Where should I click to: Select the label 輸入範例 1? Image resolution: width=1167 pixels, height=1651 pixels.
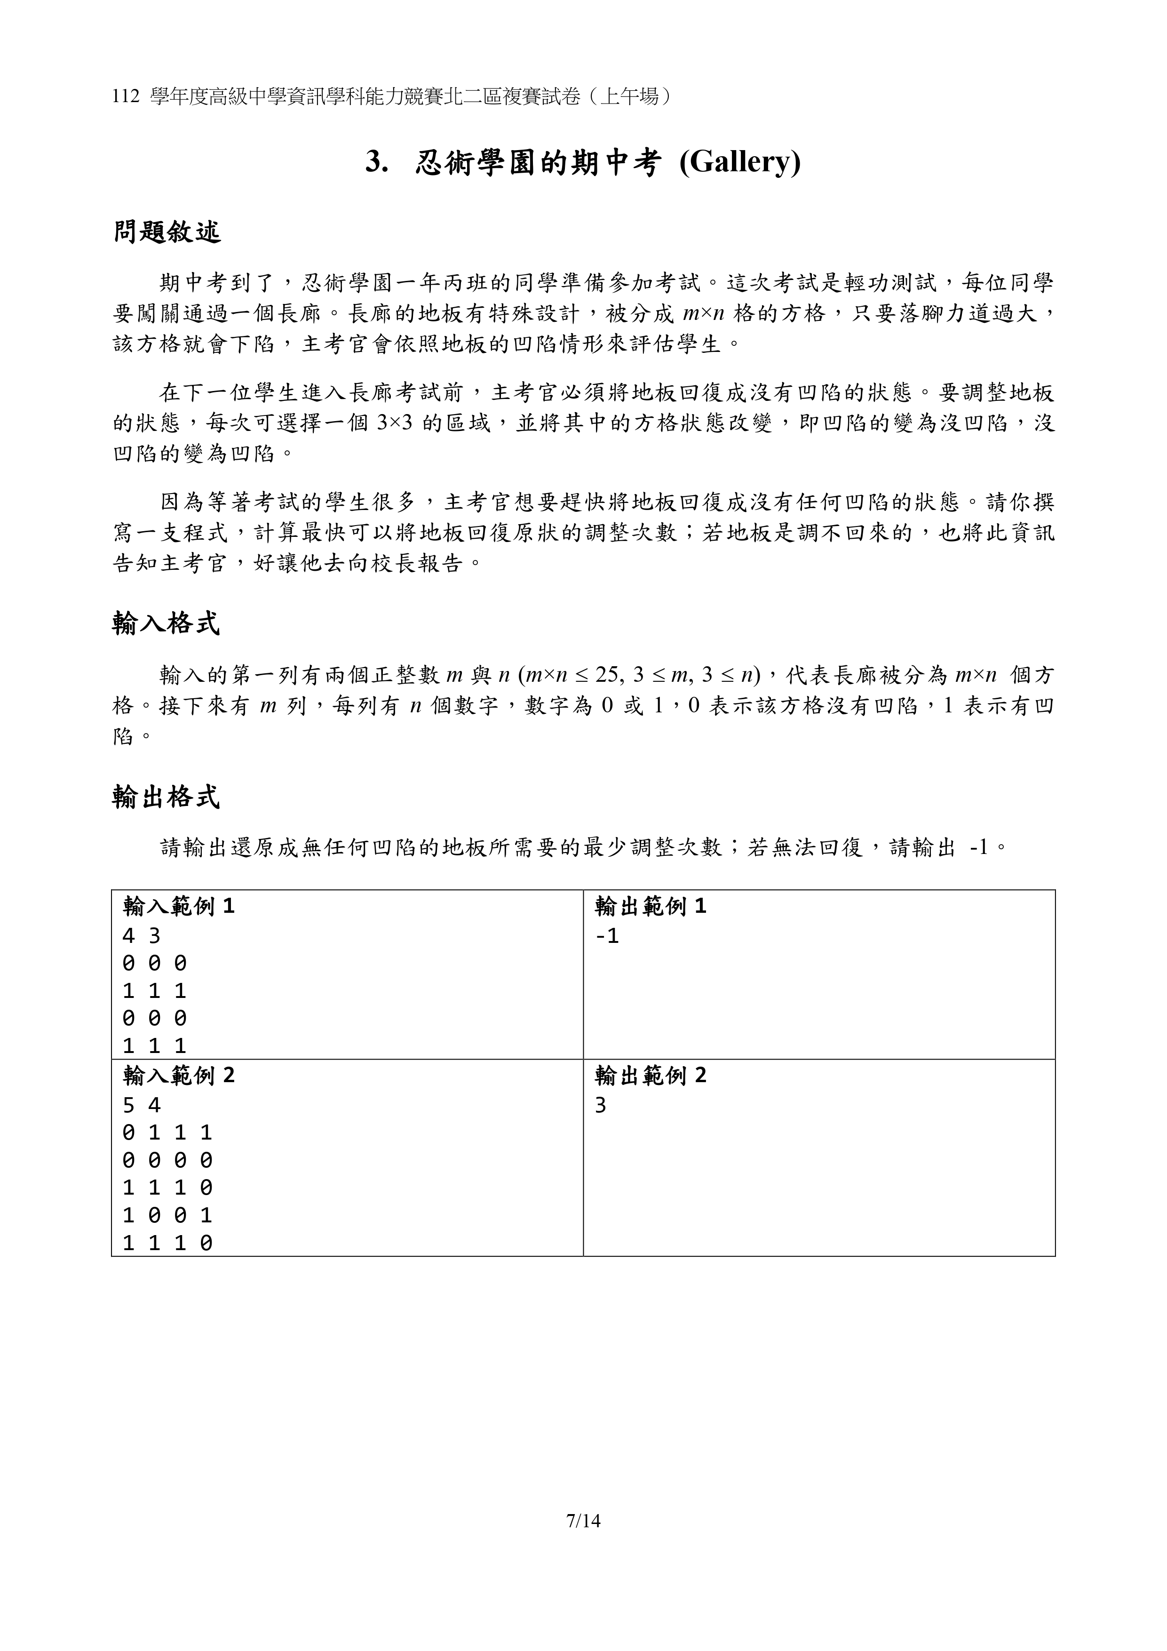coord(178,907)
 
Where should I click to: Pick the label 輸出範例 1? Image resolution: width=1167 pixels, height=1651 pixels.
coord(650,907)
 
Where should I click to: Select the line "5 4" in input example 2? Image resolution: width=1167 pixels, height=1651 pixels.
coord(142,1105)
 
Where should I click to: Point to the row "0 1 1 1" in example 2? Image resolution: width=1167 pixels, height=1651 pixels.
coord(167,1133)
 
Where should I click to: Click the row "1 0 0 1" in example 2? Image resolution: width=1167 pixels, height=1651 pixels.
coord(167,1215)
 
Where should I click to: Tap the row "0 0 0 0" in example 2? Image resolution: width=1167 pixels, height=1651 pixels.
coord(167,1160)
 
